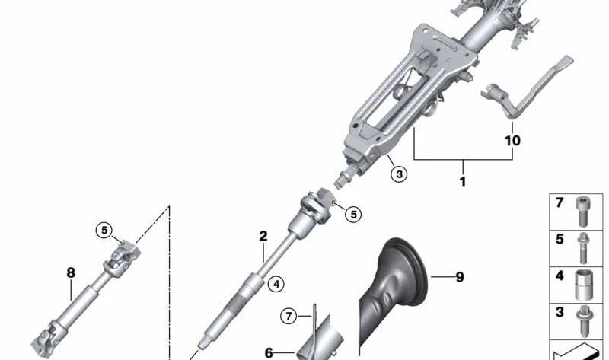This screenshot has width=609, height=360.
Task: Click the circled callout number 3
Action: (399, 174)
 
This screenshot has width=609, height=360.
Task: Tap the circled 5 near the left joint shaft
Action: (104, 231)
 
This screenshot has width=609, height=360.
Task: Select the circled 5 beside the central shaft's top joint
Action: (353, 214)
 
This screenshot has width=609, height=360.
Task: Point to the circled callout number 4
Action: (276, 285)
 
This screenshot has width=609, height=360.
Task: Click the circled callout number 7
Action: (289, 316)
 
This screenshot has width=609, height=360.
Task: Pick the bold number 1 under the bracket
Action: (463, 181)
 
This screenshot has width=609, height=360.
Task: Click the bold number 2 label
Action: (263, 236)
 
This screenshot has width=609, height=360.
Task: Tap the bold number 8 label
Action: (71, 272)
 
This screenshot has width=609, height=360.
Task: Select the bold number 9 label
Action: (460, 277)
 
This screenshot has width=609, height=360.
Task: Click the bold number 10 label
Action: (512, 140)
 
